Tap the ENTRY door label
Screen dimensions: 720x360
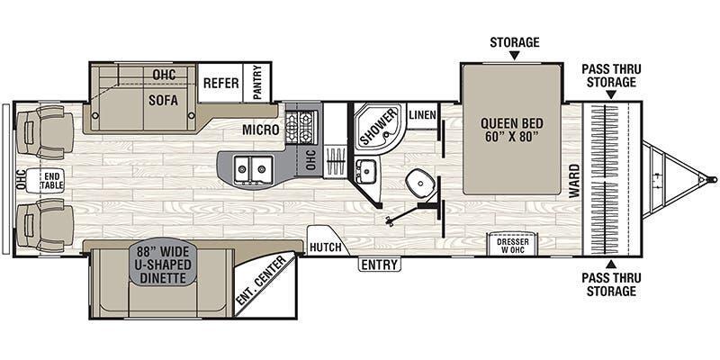coord(379,265)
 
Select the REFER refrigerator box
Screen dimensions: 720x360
coord(220,83)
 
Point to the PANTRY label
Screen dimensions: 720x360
coord(257,83)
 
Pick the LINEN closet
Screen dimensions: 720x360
coord(422,115)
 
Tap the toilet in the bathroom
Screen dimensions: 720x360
coord(420,184)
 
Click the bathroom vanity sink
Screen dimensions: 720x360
coord(365,171)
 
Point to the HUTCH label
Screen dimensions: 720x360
coord(325,247)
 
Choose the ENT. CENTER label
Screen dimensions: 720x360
coord(261,280)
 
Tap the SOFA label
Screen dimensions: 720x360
coord(163,101)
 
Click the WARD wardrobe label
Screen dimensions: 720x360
coord(574,181)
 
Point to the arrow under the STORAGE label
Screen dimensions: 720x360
coord(514,55)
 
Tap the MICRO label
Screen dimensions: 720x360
coord(260,130)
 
